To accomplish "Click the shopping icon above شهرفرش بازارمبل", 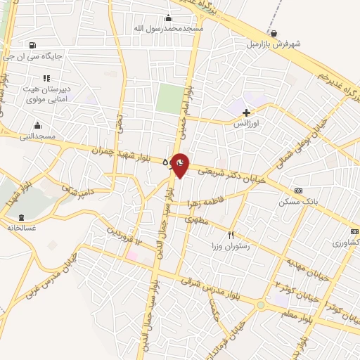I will click(x=274, y=32).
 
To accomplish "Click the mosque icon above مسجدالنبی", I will click(x=36, y=125).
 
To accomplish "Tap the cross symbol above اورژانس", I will click(x=245, y=112).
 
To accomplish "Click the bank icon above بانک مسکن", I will click(x=299, y=191).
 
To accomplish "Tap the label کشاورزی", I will click(x=345, y=242).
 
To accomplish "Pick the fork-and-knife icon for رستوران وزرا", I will click(x=231, y=236).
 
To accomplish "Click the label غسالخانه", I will click(x=20, y=227).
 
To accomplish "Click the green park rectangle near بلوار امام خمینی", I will click(x=169, y=98).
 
